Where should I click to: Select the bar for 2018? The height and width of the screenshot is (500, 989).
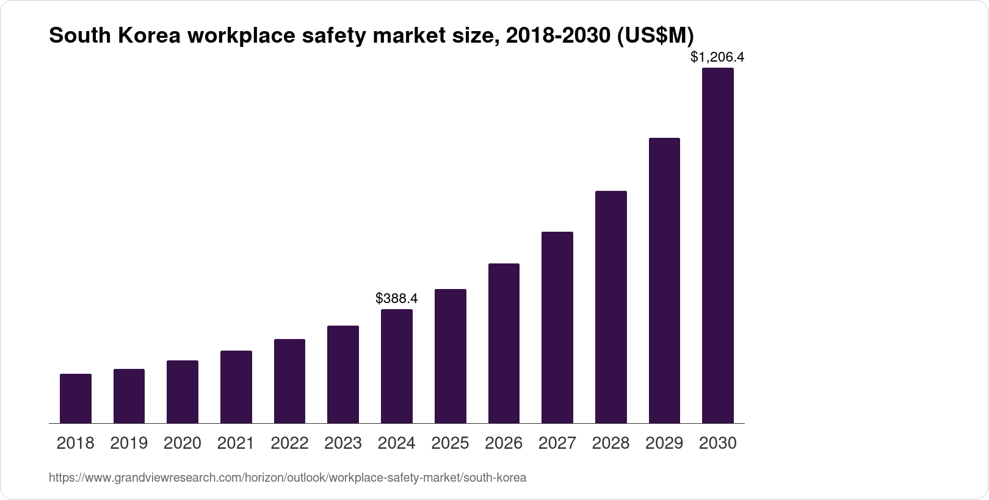click(x=76, y=399)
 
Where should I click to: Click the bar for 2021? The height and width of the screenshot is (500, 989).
click(x=236, y=387)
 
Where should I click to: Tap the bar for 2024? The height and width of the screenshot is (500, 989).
click(x=397, y=366)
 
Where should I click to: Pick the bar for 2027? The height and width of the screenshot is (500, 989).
click(x=557, y=327)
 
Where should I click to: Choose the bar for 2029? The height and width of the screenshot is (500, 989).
click(x=664, y=280)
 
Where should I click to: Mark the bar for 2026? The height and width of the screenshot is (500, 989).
click(x=504, y=343)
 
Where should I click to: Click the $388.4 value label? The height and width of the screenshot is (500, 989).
click(x=397, y=299)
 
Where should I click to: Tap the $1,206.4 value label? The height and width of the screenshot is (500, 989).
click(x=717, y=57)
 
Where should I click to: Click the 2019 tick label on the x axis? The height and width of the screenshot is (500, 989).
click(x=129, y=443)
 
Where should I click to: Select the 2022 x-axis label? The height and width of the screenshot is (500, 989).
click(x=289, y=443)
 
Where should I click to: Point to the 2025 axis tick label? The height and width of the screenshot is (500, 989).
click(x=450, y=443)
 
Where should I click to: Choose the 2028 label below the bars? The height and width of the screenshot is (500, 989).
click(x=610, y=443)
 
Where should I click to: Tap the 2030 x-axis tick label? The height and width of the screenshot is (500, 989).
click(x=718, y=443)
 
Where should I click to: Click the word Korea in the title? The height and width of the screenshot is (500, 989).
click(x=150, y=36)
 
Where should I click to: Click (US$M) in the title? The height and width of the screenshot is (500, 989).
click(x=655, y=36)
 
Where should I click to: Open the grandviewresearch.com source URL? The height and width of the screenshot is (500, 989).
click(x=287, y=477)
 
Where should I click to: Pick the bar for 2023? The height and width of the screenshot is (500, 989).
click(x=343, y=374)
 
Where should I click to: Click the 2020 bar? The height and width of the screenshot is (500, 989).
click(x=183, y=392)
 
